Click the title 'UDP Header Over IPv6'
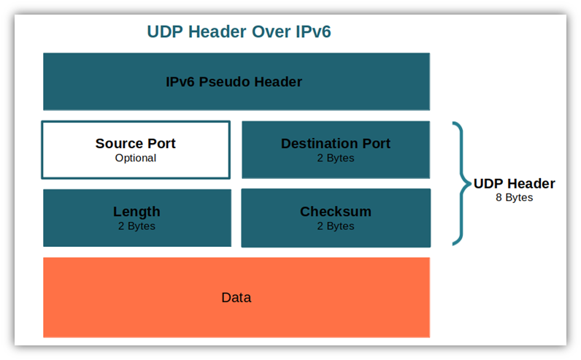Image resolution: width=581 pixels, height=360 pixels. [239, 31]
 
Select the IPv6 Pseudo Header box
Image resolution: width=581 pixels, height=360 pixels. [236, 82]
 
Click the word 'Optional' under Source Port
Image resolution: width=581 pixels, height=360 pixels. [136, 158]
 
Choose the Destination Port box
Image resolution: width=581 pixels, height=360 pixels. [336, 150]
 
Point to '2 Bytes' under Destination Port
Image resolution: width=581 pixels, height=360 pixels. [336, 158]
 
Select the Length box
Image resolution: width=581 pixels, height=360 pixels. [137, 218]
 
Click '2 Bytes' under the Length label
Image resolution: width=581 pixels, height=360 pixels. [136, 226]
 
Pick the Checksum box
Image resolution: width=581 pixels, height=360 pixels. [336, 218]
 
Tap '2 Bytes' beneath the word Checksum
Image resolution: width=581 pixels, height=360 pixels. [336, 226]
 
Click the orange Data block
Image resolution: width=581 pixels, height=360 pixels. [236, 297]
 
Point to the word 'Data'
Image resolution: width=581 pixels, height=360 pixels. [236, 297]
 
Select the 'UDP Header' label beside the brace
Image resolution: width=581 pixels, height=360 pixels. [515, 183]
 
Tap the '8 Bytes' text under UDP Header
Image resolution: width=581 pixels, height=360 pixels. [515, 197]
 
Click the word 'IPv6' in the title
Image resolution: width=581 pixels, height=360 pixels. [313, 31]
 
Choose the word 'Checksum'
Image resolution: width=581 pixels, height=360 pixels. [336, 211]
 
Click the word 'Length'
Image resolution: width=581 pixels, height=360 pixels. [136, 212]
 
